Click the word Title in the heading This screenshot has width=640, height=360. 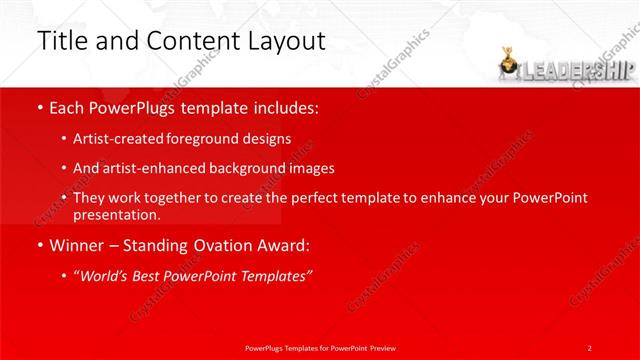[61, 41]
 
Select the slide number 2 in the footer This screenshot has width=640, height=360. [590, 347]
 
